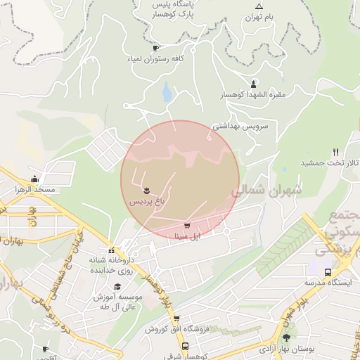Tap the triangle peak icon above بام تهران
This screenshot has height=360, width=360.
pyautogui.click(x=259, y=6)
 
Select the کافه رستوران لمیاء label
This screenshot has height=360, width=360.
pyautogui.click(x=155, y=59)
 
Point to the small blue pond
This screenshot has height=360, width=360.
pyautogui.click(x=167, y=92)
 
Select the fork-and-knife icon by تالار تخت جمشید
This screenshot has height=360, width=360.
pyautogui.click(x=335, y=152)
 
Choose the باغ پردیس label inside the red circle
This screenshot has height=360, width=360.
pyautogui.click(x=146, y=201)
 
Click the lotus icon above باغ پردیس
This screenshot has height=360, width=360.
pyautogui.click(x=146, y=190)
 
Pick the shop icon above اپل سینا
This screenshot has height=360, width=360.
pyautogui.click(x=186, y=226)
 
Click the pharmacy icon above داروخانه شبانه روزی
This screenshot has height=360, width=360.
pyautogui.click(x=111, y=250)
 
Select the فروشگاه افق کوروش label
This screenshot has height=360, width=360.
pyautogui.click(x=171, y=329)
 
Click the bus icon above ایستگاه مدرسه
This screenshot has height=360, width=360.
pyautogui.click(x=328, y=272)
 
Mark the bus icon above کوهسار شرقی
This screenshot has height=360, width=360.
pyautogui.click(x=185, y=347)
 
